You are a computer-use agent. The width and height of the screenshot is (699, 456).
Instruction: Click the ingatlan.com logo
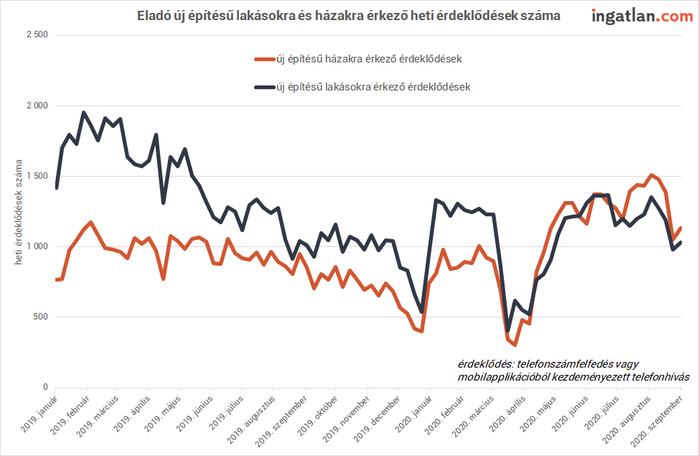point(642,17)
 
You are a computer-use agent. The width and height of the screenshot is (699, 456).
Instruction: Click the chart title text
point(349,16)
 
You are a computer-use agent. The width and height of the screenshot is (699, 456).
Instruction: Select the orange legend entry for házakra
point(358,60)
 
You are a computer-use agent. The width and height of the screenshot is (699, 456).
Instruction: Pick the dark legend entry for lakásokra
point(362,87)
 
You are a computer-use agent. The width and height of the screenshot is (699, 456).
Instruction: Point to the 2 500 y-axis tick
point(37,34)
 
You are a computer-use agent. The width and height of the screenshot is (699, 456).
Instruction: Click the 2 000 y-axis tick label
point(37,106)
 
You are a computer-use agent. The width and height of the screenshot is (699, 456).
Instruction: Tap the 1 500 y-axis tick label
point(37,176)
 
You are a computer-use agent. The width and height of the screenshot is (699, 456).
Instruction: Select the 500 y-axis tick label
point(39,317)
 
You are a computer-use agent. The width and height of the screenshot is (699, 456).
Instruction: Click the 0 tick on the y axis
point(45,387)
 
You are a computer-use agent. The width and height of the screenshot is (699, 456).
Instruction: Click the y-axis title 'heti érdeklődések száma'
point(18,212)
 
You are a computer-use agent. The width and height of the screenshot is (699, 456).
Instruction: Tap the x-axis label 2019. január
point(39,414)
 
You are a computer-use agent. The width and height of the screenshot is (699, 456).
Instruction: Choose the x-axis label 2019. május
point(162,414)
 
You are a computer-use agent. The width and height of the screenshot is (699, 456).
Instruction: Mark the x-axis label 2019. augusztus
point(250,420)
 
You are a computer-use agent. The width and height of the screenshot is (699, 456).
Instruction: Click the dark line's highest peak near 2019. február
point(83,113)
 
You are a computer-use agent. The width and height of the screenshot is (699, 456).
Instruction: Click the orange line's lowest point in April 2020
point(515,345)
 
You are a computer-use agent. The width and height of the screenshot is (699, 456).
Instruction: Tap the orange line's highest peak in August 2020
point(652,175)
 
